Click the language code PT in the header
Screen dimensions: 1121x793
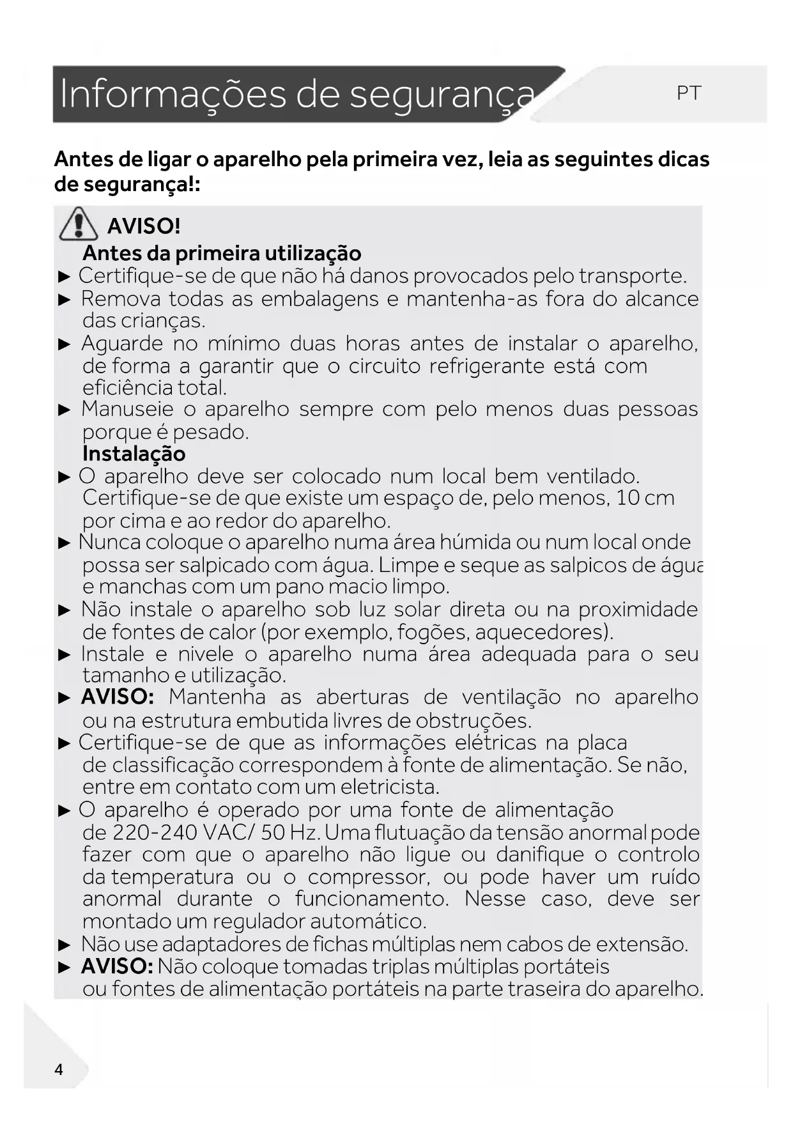(x=688, y=94)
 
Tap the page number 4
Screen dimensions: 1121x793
(x=59, y=1070)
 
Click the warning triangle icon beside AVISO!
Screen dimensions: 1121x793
(x=78, y=224)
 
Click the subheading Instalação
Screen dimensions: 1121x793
(x=134, y=454)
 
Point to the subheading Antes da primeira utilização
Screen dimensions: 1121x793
(x=222, y=253)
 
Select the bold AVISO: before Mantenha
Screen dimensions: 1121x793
(x=118, y=697)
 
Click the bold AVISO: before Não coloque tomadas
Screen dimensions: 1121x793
(x=117, y=966)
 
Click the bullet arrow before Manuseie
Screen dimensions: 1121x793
(x=64, y=410)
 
